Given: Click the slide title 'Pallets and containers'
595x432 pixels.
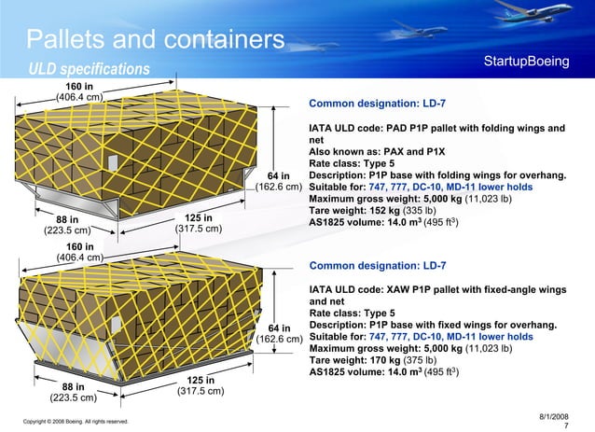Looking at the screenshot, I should click(x=155, y=40).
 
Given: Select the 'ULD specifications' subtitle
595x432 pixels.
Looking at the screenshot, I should click(x=89, y=70).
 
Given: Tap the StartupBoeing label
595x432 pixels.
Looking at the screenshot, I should click(x=527, y=62).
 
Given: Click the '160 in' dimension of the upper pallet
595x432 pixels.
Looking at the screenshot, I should click(x=78, y=85).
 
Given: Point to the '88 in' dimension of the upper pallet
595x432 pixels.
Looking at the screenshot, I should click(x=66, y=219).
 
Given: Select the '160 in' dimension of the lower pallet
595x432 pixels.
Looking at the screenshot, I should click(x=78, y=246).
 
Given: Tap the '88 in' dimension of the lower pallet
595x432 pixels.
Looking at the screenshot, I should click(x=73, y=386).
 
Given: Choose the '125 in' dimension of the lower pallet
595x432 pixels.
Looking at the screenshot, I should click(x=201, y=380).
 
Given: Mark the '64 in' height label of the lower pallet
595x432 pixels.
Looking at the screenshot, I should click(x=279, y=327).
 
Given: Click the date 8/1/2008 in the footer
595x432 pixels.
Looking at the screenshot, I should click(x=554, y=415).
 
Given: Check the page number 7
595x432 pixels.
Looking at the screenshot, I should click(x=567, y=425).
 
